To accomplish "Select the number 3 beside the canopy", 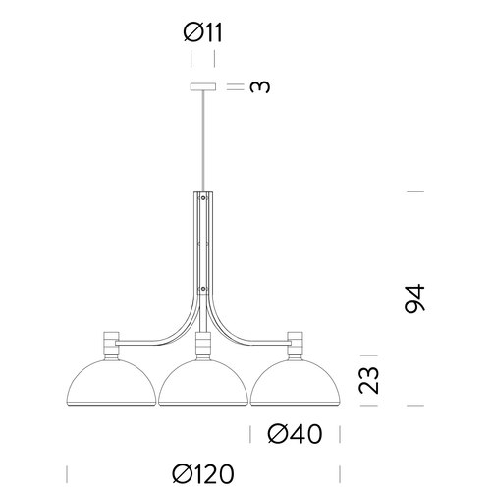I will [259, 86].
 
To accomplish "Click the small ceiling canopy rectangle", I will [204, 86].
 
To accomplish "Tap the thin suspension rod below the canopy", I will [204, 137].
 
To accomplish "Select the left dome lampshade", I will [114, 385].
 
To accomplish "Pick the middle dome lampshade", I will [203, 385].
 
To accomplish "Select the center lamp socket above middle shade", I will [203, 346].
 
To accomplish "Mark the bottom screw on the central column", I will [203, 289].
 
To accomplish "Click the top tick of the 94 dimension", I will [413, 191].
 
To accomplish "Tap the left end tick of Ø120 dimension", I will [68, 474].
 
